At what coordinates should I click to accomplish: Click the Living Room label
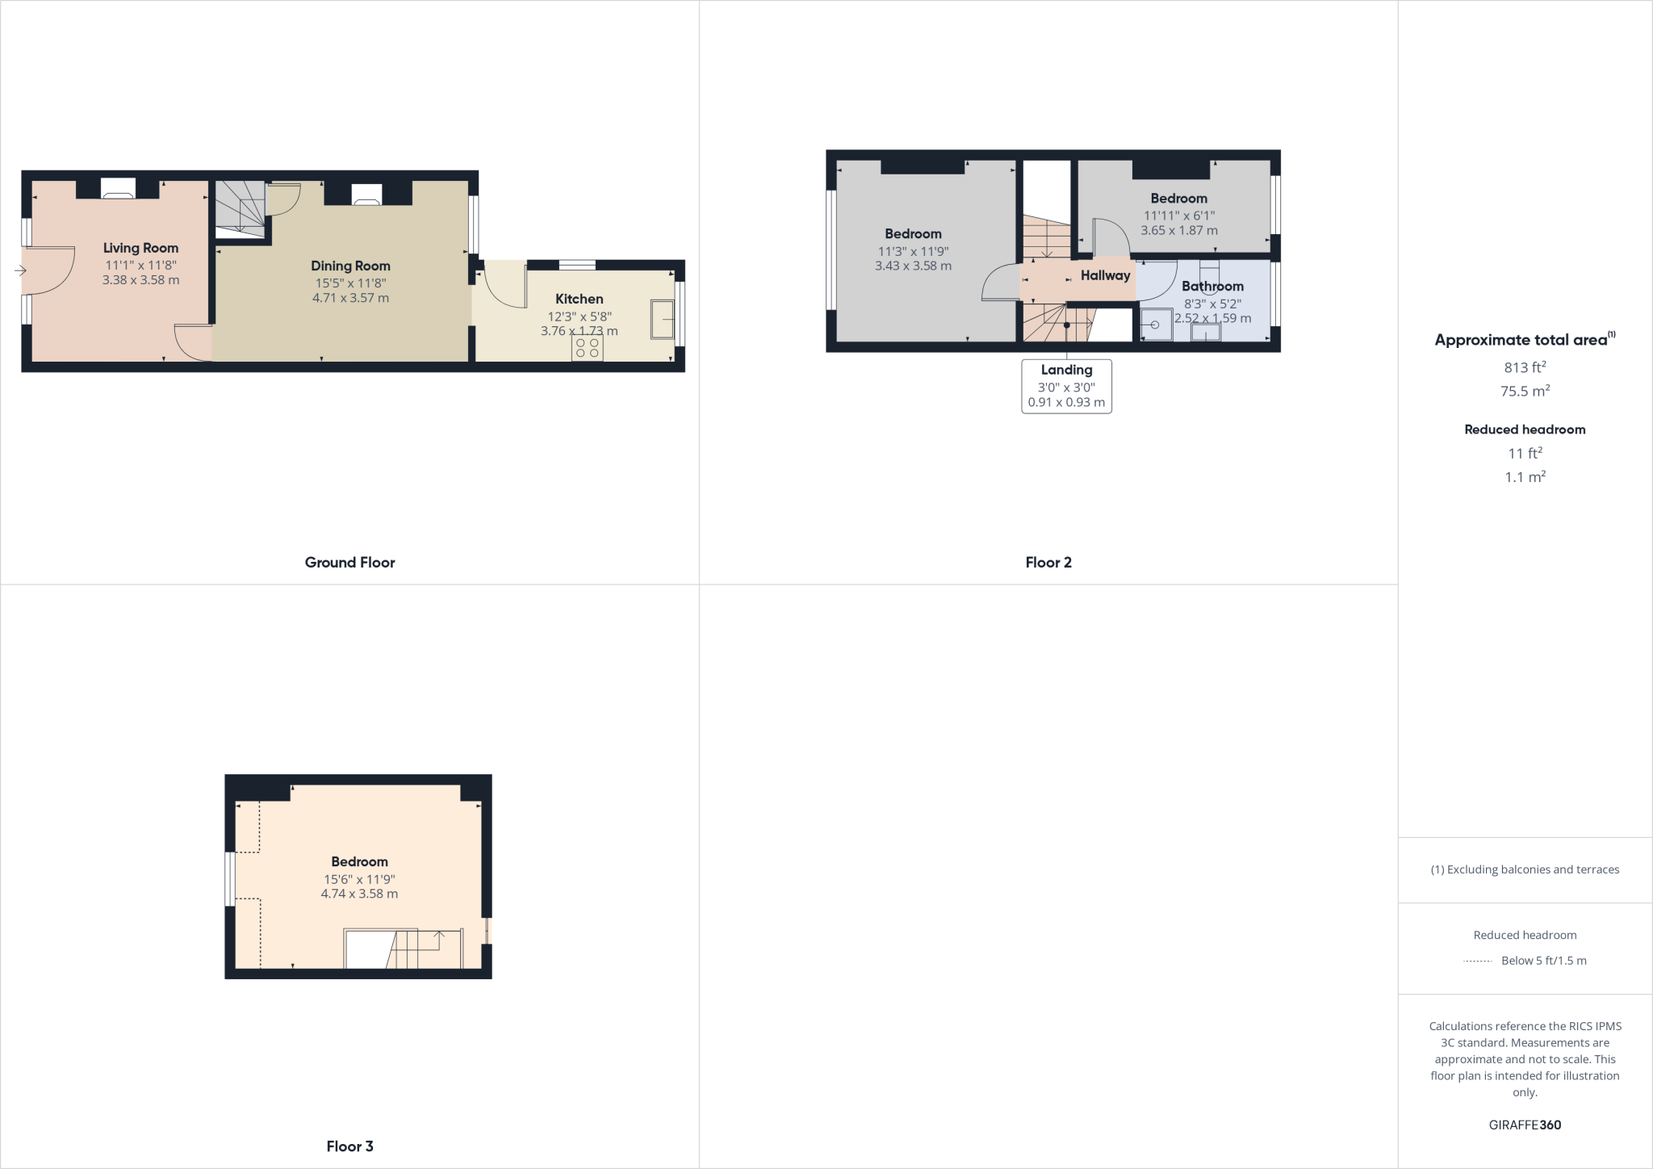pos(140,248)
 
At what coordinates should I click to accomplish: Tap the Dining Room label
pos(350,266)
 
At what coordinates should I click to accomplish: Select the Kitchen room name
pos(579,299)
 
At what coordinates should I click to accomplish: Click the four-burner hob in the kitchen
pos(588,348)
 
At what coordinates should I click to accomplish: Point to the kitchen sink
pos(663,320)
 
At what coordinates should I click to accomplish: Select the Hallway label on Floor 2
pos(1105,275)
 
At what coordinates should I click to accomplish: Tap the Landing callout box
pos(1066,386)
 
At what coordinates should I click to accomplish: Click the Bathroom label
pos(1212,286)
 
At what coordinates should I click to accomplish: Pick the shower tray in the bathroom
pos(1157,325)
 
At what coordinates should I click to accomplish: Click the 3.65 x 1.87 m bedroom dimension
pos(1178,230)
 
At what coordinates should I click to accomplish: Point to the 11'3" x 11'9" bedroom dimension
pos(913,251)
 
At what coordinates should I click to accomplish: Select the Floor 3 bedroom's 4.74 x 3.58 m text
pos(359,894)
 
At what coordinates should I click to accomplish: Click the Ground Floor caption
pos(349,563)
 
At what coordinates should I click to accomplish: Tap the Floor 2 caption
pos(1048,563)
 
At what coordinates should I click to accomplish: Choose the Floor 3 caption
pos(349,1146)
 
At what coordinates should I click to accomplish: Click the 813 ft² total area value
pos(1525,367)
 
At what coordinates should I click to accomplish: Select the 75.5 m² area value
pos(1525,392)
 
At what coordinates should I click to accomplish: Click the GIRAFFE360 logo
pos(1525,1125)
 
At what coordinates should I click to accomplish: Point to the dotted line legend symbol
pos(1477,961)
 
